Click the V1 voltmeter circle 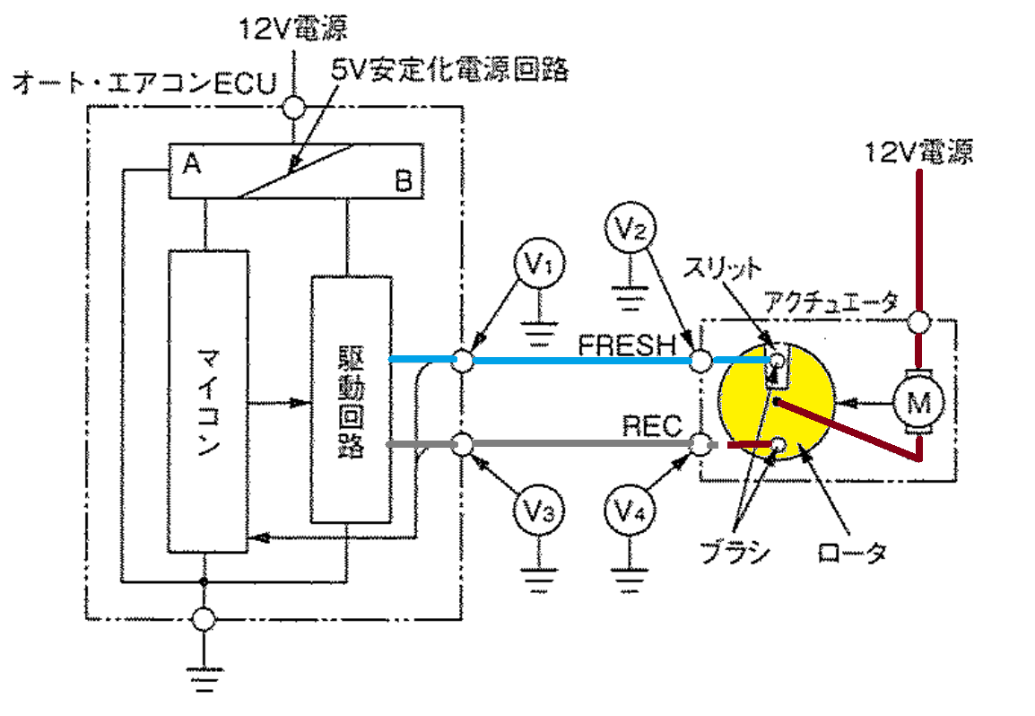[541, 263]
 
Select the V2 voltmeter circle [631, 227]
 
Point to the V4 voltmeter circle [630, 510]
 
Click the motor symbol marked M [918, 402]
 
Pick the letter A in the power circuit [191, 162]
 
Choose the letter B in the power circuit [404, 180]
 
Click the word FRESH [628, 345]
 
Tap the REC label [651, 426]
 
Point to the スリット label [721, 267]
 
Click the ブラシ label [734, 551]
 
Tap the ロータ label [851, 552]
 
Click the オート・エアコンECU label [144, 83]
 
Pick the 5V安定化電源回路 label [449, 69]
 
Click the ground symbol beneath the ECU [204, 678]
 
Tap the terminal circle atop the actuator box [918, 322]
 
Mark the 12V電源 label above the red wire [918, 153]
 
